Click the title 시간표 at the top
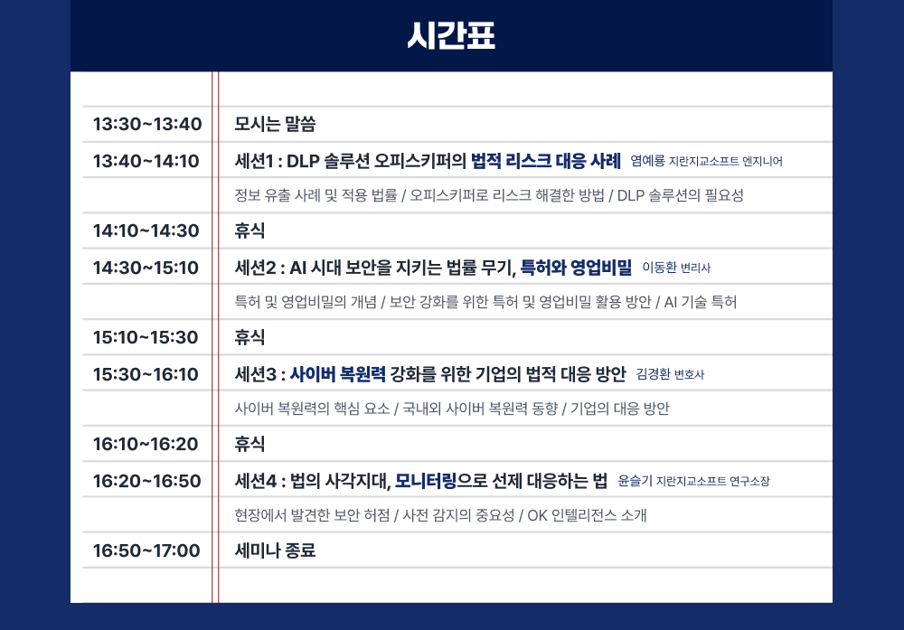[x=451, y=36]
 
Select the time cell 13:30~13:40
[x=147, y=124]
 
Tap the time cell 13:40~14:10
[x=146, y=161]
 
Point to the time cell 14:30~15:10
[x=146, y=267]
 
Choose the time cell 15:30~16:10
[x=146, y=373]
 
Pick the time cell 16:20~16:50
[x=147, y=480]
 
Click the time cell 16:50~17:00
[x=146, y=550]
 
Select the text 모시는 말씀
[x=275, y=124]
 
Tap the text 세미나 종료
[x=275, y=550]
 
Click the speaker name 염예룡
[x=647, y=161]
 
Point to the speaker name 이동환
[x=659, y=268]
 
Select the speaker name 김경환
[x=653, y=374]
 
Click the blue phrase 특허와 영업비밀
[x=576, y=267]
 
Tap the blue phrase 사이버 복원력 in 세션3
[x=338, y=373]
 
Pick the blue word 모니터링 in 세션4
[x=426, y=480]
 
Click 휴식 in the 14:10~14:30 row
[x=250, y=230]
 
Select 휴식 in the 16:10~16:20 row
[x=250, y=444]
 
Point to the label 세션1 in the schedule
[x=254, y=161]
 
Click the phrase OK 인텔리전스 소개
[x=587, y=515]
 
